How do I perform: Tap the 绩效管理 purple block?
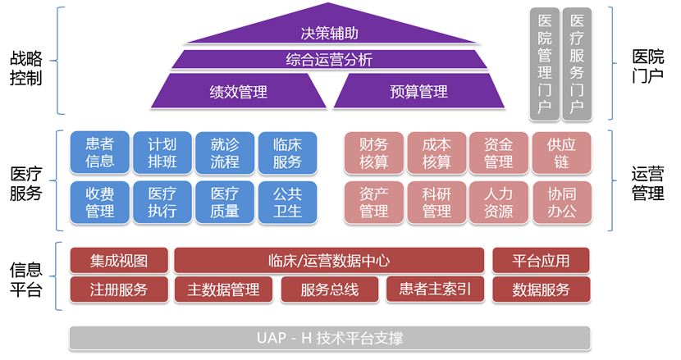239,91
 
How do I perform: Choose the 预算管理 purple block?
418,91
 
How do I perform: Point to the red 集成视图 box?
119,261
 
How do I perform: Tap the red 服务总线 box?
330,289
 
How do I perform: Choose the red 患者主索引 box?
435,289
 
